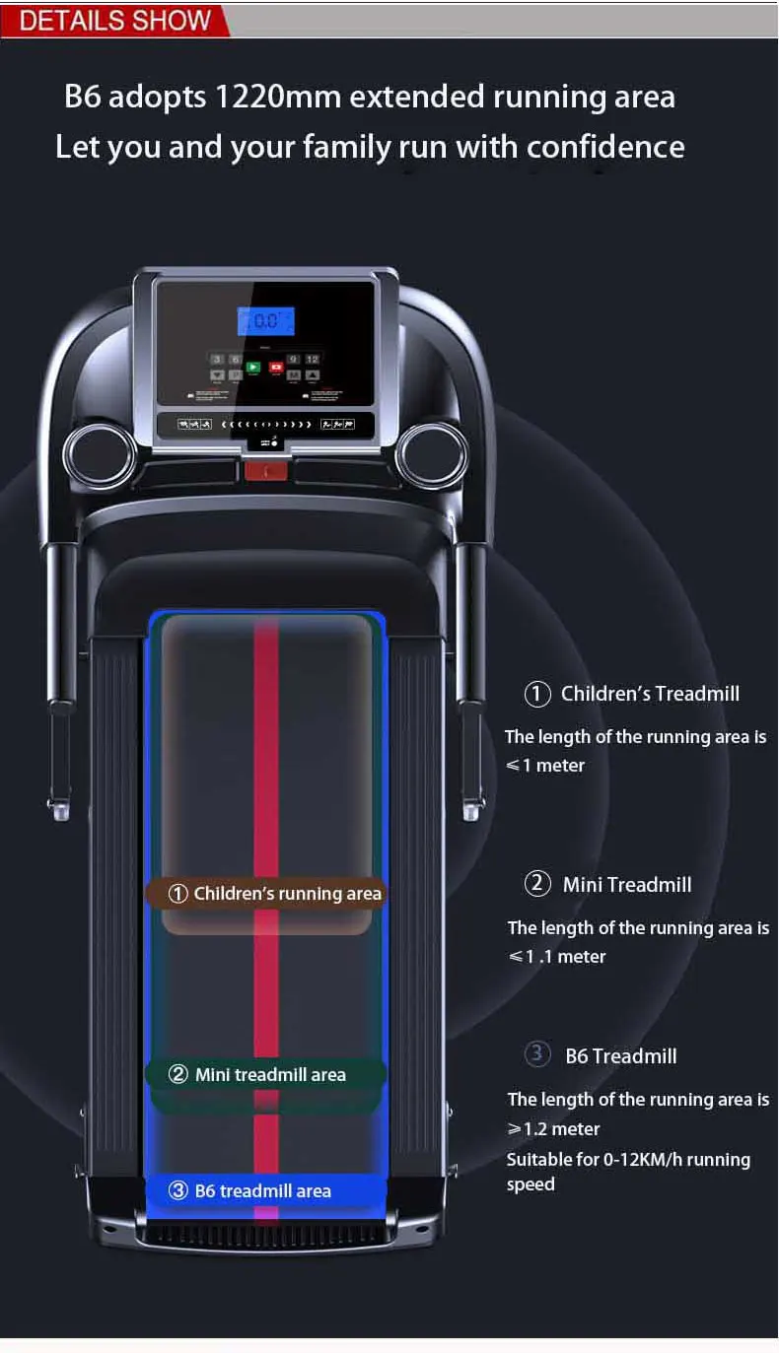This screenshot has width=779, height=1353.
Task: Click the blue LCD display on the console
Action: [x=265, y=321]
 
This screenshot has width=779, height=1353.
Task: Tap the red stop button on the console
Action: [x=277, y=368]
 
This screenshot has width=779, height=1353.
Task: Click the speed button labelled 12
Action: [x=312, y=360]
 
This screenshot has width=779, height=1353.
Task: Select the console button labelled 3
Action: [x=218, y=360]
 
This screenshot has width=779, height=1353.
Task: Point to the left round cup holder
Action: [x=99, y=455]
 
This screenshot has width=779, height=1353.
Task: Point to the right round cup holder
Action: [x=432, y=455]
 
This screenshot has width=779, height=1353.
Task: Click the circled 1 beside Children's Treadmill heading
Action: [x=536, y=694]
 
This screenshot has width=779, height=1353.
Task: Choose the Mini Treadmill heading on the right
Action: [x=626, y=885]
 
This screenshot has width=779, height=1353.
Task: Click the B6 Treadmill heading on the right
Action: [x=620, y=1056]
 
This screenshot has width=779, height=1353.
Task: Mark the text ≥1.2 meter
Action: [x=553, y=1129]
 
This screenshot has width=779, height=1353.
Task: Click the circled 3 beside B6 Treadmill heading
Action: [x=536, y=1054]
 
